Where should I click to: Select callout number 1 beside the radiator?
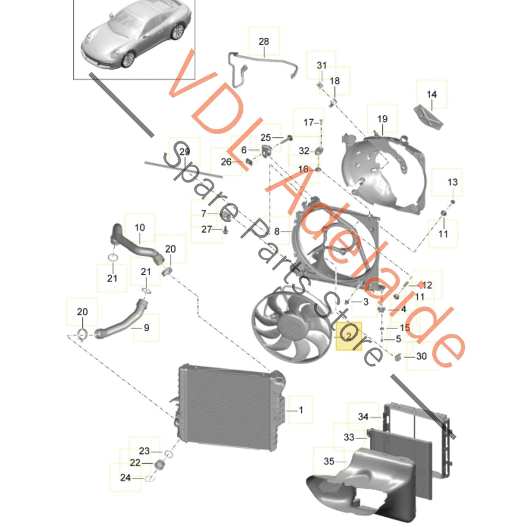point(301,410)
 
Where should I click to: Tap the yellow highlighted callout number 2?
point(348,336)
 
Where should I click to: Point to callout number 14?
point(431,94)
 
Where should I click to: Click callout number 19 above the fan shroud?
point(382,119)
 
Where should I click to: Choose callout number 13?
point(453,183)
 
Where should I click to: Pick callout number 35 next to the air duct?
point(329,462)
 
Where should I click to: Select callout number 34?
point(363,417)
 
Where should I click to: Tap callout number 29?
point(185,151)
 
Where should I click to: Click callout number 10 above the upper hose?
point(139,228)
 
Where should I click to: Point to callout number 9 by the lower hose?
point(146,328)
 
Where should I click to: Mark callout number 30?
point(421,356)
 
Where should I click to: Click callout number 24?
point(125,478)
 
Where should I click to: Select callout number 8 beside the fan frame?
point(276,231)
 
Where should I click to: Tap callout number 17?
point(309,122)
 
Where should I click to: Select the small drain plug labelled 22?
point(160,464)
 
